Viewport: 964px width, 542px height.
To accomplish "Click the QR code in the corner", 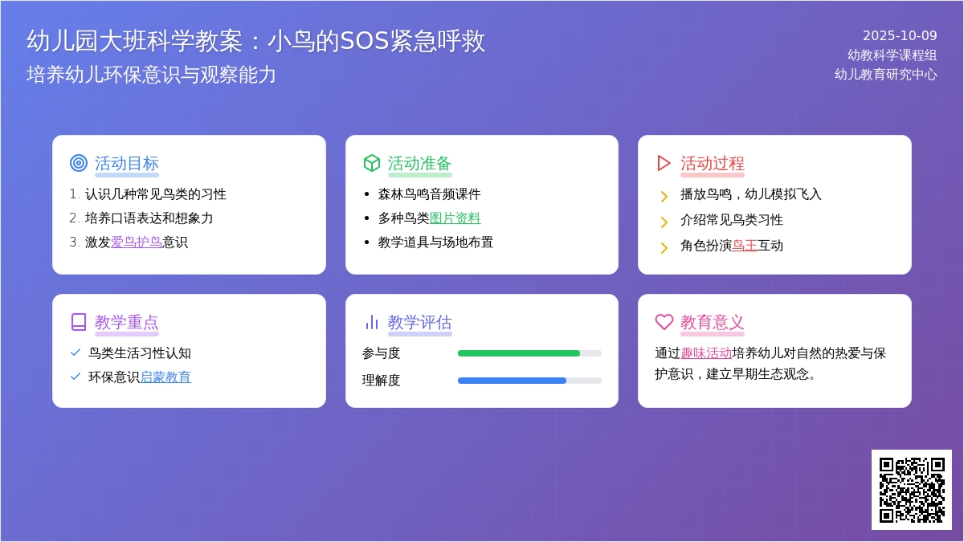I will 911,489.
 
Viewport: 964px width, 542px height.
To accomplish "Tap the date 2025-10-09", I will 900,35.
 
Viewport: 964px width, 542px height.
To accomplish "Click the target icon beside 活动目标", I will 79,163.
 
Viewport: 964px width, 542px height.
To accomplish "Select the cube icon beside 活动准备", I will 371,163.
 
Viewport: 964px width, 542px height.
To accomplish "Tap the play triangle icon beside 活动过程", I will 664,163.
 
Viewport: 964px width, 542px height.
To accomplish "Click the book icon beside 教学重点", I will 79,322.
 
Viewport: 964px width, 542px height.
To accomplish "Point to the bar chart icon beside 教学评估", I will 371,322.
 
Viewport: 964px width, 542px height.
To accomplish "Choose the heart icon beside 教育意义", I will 664,322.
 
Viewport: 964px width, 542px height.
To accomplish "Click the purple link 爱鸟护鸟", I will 136,242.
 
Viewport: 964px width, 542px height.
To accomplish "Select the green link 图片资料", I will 455,218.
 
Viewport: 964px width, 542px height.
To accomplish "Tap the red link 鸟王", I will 744,245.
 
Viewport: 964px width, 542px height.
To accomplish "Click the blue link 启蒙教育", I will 165,377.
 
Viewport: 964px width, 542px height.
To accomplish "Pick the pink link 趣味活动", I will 706,353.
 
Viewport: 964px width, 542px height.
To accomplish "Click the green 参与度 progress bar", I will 519,353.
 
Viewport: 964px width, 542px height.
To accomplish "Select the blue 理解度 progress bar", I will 512,381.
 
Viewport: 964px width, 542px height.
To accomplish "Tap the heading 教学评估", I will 419,322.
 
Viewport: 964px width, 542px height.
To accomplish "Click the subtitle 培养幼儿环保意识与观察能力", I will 151,75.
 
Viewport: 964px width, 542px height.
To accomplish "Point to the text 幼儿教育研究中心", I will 885,75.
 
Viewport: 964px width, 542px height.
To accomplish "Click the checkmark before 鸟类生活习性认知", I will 76,353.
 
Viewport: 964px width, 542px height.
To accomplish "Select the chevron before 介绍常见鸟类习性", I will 664,221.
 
